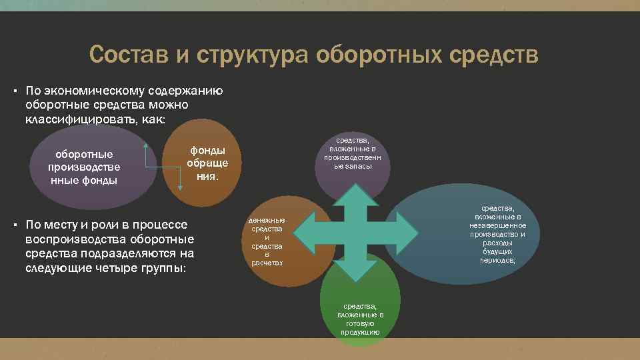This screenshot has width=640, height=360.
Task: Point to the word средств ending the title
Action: tap(494, 55)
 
